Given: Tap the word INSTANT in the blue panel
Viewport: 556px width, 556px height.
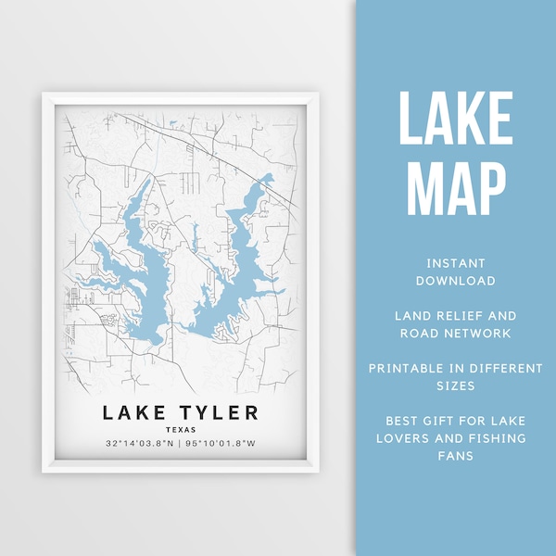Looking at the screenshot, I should click(x=456, y=262).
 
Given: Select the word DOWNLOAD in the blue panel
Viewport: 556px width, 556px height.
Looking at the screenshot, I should click(x=456, y=280).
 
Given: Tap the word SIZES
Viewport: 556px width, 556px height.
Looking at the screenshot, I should click(x=456, y=385).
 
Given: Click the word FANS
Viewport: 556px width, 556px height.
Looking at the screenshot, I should click(x=456, y=456).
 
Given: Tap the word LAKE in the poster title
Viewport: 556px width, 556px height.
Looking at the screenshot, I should click(x=130, y=413).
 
